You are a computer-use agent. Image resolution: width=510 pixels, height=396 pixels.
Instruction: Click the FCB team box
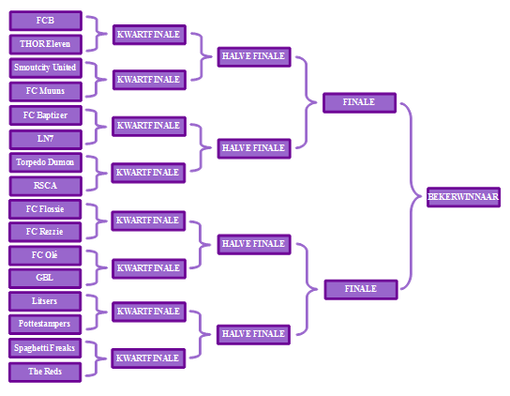[46, 21]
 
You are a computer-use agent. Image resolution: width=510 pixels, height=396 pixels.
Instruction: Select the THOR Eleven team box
[46, 44]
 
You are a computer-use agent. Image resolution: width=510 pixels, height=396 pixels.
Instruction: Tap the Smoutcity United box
[46, 69]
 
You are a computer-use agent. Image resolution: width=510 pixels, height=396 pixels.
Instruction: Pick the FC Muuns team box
[46, 92]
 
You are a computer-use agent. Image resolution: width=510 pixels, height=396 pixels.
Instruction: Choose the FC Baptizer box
[46, 115]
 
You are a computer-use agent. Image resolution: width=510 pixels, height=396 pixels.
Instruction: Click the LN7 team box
[46, 140]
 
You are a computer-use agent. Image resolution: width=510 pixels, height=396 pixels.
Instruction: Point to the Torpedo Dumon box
[46, 162]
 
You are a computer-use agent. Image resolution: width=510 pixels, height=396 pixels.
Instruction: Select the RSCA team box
[46, 186]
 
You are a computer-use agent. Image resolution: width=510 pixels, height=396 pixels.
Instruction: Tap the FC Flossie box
[45, 209]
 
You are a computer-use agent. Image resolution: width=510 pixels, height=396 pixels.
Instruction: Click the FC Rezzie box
[45, 232]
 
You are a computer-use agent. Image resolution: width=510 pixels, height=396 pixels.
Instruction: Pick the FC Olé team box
[45, 255]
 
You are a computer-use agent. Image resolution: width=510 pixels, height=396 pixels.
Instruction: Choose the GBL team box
[45, 279]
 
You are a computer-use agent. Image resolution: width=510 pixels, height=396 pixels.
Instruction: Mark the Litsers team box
[45, 301]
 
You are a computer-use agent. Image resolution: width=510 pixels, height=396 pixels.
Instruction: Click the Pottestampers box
[45, 325]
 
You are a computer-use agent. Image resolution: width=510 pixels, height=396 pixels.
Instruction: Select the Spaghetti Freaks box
[45, 348]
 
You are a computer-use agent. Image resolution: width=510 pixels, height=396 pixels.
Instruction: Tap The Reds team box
[45, 373]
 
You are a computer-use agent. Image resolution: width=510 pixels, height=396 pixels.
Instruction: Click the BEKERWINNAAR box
[463, 197]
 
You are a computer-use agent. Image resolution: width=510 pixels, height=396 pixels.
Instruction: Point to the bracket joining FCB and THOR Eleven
[97, 34]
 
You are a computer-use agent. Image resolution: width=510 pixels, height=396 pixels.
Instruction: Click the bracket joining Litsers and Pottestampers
[97, 312]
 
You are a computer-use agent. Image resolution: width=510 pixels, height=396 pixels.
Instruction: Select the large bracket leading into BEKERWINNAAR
[412, 196]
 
